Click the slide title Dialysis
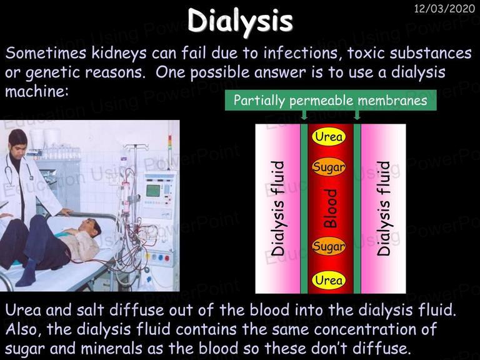pos(240,21)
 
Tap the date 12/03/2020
pos(444,9)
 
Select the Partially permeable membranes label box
pos(331,100)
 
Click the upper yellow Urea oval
pos(329,136)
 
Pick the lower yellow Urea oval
pos(329,280)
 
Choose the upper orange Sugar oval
pos(329,167)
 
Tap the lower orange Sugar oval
pos(329,246)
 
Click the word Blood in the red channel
pos(331,209)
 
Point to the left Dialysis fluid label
pos(277,209)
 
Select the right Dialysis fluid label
pos(384,209)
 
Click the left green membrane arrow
pos(304,115)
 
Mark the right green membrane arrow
pos(357,115)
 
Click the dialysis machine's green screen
pos(153,191)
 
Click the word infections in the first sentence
pos(301,53)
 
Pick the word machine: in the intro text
pos(37,91)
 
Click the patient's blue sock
pos(27,273)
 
